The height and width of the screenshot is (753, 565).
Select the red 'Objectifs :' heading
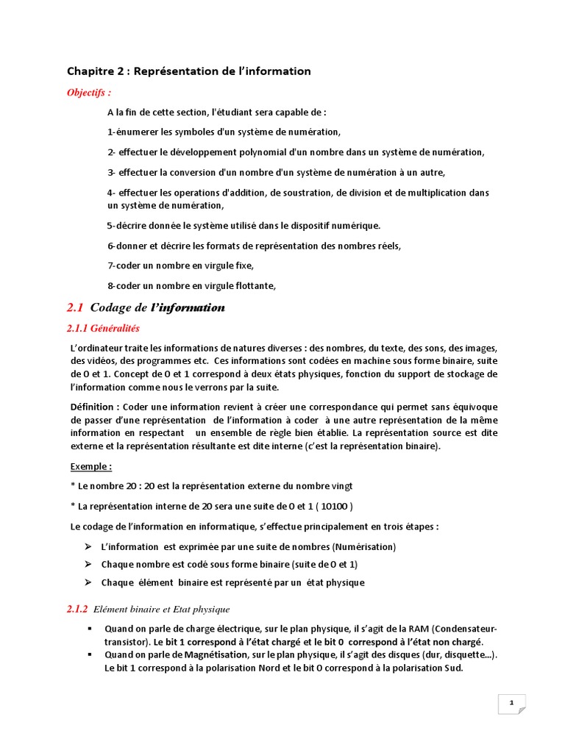click(x=89, y=93)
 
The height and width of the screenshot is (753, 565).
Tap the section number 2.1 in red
click(x=75, y=307)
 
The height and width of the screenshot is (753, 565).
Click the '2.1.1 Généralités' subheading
click(x=103, y=328)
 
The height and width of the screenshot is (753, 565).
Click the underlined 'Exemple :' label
click(x=91, y=466)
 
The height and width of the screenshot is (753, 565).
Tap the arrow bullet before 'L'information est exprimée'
click(x=87, y=546)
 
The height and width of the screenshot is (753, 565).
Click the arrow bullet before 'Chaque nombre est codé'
click(x=87, y=564)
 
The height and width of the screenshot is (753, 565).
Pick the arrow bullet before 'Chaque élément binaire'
click(x=87, y=582)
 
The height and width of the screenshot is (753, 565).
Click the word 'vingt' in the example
click(x=341, y=486)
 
